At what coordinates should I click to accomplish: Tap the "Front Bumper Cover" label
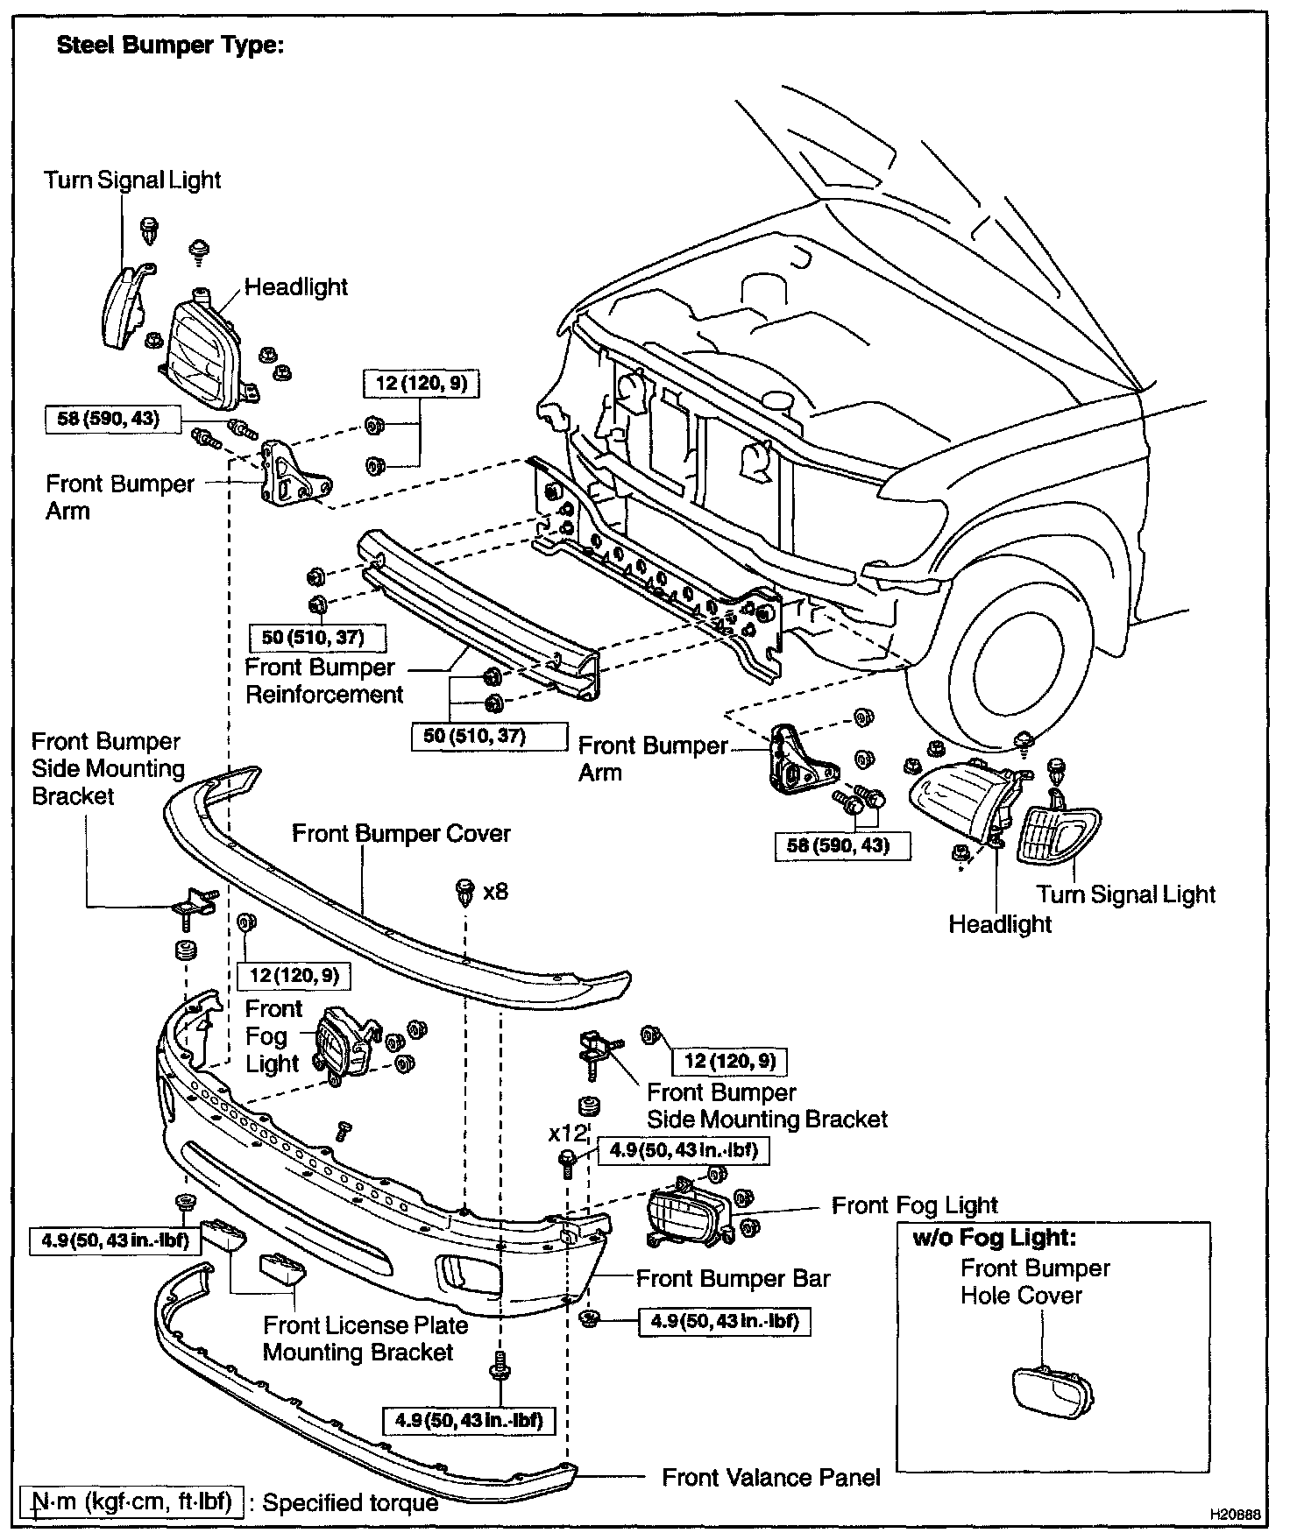tap(401, 833)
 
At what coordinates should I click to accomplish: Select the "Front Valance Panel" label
tap(771, 1478)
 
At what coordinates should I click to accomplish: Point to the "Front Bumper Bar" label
tap(733, 1279)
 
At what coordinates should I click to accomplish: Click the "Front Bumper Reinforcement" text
tap(323, 681)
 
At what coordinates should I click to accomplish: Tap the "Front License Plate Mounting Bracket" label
tap(365, 1339)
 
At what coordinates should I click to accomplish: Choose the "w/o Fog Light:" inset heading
tap(994, 1238)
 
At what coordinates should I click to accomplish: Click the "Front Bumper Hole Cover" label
tap(1035, 1282)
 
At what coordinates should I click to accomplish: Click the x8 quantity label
tap(496, 892)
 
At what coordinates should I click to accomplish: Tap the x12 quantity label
tap(565, 1134)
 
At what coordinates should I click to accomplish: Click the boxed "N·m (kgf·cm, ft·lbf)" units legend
tap(131, 1502)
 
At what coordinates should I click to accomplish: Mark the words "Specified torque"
tap(351, 1503)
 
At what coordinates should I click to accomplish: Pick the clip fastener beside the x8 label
tap(465, 892)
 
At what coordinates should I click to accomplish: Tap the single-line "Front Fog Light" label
tap(915, 1206)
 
